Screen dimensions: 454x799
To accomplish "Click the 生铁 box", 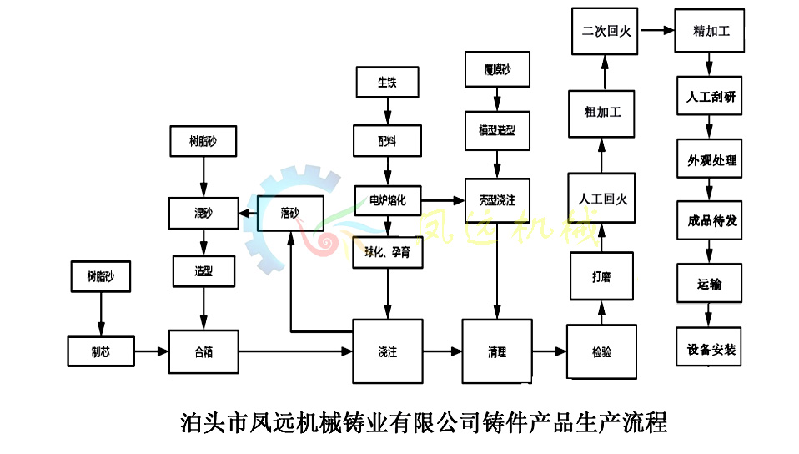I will coord(386,82).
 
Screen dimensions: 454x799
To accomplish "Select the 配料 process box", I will coord(387,141).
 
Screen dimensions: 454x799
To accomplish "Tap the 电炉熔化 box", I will coord(387,200).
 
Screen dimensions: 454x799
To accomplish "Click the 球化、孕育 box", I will coord(387,252).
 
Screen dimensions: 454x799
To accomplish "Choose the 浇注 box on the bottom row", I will coord(387,352).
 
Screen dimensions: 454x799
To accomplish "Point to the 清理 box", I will coord(497,352).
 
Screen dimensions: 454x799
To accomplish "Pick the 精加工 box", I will coord(710,31).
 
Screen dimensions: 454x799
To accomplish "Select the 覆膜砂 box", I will coord(497,69).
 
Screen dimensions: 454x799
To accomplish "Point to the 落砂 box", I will coord(289,214).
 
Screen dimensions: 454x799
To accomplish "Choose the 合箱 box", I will coord(204,352).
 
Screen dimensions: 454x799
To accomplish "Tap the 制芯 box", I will coord(100,352).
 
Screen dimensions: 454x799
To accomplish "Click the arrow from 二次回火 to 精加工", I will coord(656,31).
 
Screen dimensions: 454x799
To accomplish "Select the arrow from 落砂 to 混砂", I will coord(248,214).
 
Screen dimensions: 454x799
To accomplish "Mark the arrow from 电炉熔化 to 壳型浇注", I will coord(443,200).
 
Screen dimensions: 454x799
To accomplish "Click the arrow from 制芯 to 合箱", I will coord(151,352).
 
